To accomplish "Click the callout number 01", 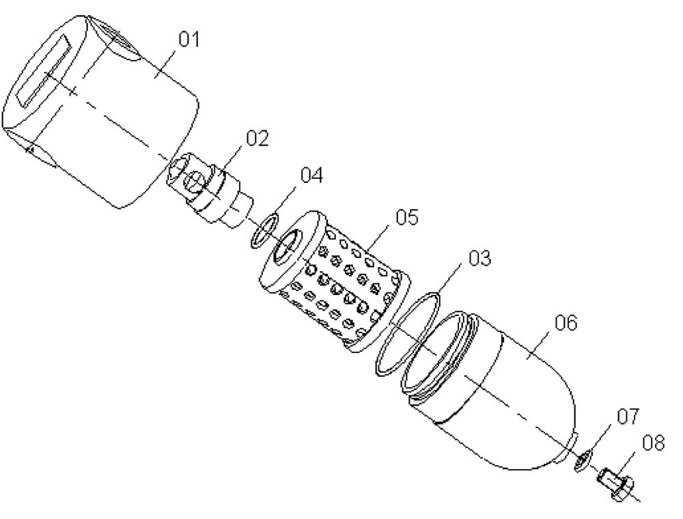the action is click(189, 40).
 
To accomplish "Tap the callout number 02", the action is click(257, 139).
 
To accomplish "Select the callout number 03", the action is click(479, 257).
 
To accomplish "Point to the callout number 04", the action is click(312, 176).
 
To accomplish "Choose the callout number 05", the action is click(407, 217).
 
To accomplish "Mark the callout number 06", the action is click(566, 323).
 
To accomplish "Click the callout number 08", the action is click(654, 443).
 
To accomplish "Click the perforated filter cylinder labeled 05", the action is click(335, 281).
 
